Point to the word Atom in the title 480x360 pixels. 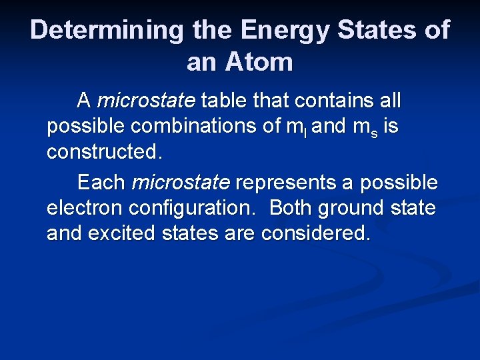[x=257, y=62]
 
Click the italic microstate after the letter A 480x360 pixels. [x=146, y=101]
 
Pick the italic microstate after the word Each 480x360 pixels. [x=181, y=182]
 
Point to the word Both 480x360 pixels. [x=291, y=207]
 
